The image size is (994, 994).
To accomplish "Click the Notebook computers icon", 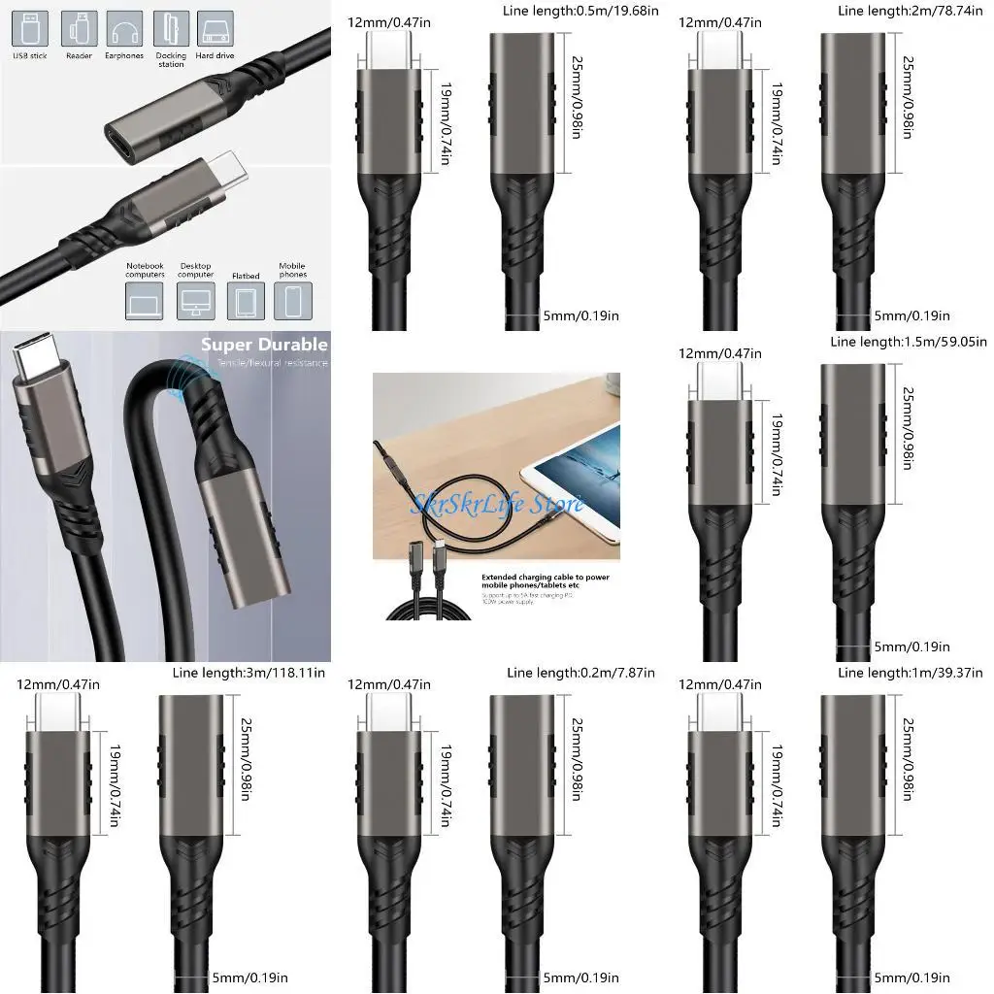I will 144,303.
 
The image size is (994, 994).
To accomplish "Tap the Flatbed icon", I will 245,303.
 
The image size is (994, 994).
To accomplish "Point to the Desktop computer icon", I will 194,303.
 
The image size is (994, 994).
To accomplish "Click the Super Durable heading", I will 264,345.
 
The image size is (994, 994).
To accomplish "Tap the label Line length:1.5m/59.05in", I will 909,342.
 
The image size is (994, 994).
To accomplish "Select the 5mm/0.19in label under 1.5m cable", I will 911,646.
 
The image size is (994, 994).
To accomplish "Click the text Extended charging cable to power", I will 545,576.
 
